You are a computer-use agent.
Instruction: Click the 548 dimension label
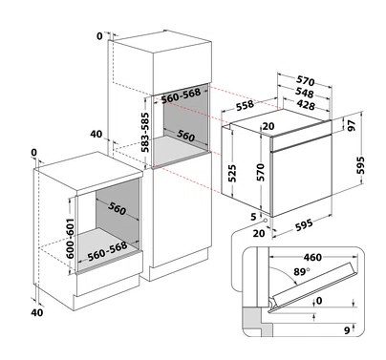[305, 93]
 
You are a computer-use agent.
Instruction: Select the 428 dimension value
[305, 104]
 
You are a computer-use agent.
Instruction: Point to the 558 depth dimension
[245, 105]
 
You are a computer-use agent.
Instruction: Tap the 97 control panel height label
[352, 125]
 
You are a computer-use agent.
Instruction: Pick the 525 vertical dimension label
[232, 173]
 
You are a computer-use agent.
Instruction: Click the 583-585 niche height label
[145, 132]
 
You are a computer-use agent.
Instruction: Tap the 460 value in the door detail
[312, 257]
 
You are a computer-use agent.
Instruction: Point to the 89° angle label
[302, 272]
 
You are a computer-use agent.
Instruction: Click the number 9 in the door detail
[347, 330]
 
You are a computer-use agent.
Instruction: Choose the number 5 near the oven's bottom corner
[253, 217]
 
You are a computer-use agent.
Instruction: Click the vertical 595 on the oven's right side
[360, 165]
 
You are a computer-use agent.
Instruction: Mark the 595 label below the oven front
[304, 224]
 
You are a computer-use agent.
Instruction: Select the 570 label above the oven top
[306, 81]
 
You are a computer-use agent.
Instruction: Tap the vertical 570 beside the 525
[261, 172]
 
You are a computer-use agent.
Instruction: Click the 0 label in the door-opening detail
[319, 301]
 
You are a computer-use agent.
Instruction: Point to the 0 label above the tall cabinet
[100, 36]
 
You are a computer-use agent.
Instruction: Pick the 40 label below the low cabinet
[37, 312]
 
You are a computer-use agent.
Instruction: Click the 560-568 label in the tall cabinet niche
[181, 95]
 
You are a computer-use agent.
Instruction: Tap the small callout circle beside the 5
[264, 220]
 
